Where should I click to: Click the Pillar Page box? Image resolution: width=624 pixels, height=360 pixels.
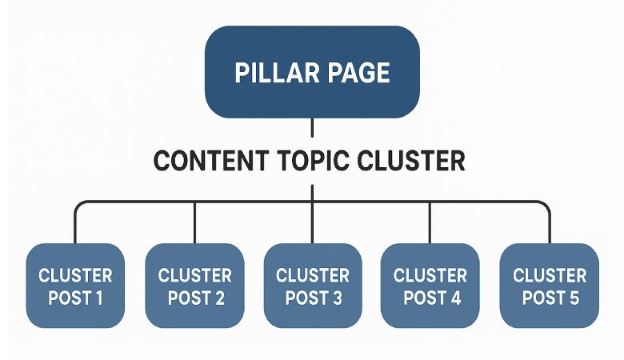click(312, 72)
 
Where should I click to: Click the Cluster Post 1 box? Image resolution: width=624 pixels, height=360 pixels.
click(75, 286)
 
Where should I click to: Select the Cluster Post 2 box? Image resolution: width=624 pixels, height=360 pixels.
click(194, 286)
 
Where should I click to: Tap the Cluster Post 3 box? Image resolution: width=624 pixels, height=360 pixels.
click(313, 286)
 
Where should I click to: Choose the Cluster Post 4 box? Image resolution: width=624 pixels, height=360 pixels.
click(430, 286)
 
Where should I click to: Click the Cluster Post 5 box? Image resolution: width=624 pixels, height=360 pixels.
click(549, 286)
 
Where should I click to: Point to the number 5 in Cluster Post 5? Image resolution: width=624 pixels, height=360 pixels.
click(573, 298)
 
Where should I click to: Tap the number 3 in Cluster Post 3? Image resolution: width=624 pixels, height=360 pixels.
click(337, 298)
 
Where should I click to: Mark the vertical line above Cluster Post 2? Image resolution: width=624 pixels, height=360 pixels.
click(194, 224)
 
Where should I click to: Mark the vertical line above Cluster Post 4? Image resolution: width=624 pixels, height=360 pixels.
click(430, 224)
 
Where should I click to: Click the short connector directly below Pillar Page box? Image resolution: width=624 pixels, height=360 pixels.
click(312, 128)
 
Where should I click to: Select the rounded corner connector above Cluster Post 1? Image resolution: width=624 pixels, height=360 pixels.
click(78, 206)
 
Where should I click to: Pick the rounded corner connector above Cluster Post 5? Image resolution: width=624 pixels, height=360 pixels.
click(546, 206)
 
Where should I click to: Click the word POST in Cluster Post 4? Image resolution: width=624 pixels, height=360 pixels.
click(420, 298)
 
